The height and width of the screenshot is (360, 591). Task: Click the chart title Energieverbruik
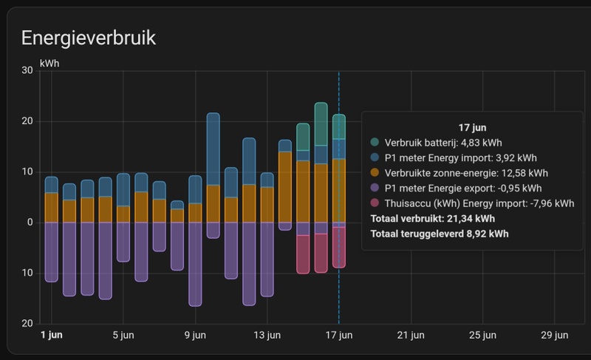tap(89, 38)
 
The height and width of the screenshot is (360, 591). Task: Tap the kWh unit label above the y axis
tap(49, 63)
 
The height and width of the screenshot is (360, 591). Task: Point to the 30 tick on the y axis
tap(27, 71)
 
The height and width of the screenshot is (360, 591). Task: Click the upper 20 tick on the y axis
tap(27, 121)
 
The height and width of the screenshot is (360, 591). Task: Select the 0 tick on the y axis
tap(30, 223)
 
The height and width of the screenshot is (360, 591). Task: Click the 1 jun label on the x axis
tap(51, 335)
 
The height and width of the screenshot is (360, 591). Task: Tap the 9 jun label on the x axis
tap(195, 335)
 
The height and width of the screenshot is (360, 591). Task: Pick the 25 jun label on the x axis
tap(483, 335)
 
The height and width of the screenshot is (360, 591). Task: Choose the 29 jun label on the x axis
tap(556, 335)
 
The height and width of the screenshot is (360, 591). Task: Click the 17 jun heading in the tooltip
tap(472, 127)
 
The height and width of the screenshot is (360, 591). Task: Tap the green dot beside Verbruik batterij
tap(375, 142)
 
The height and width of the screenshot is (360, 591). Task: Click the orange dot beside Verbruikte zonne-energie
tap(375, 173)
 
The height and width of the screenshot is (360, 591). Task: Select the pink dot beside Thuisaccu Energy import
tap(375, 203)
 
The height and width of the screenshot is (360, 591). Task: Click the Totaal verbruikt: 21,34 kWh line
tap(432, 219)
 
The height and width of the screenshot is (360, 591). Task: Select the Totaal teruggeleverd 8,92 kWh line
tap(439, 234)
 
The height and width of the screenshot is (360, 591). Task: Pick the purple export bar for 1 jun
tap(51, 251)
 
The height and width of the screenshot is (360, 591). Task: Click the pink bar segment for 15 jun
tap(303, 254)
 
